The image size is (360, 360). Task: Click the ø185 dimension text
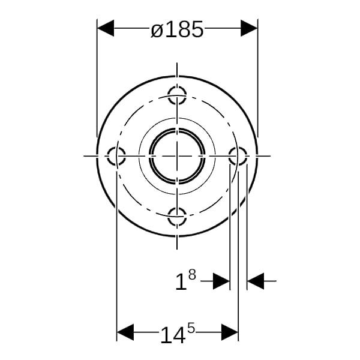coord(177,29)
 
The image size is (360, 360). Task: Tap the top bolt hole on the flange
coord(177,95)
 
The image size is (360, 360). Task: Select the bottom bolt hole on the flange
coord(177,217)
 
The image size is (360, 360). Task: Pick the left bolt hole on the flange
coord(116,156)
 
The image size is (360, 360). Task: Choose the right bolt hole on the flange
coord(238,156)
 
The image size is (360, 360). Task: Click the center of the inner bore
coord(177,156)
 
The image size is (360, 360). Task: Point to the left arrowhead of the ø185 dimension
coord(106,28)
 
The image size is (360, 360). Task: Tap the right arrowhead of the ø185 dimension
coord(249,28)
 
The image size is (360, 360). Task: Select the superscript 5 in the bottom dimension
coord(191,328)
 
